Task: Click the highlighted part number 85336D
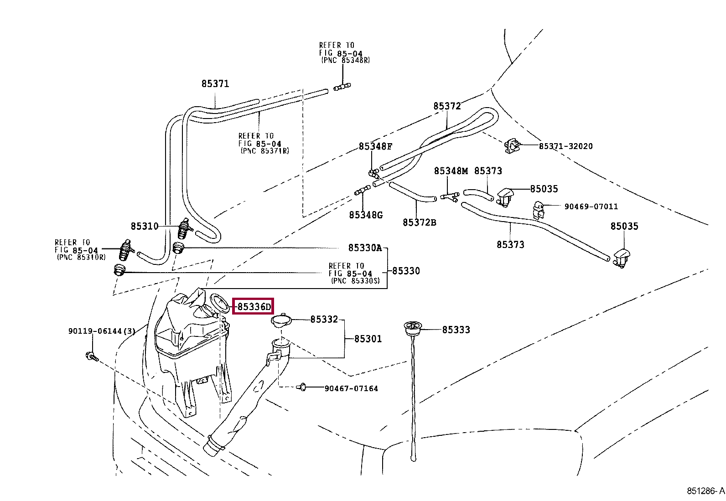coord(254,307)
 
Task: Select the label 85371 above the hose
coord(215,84)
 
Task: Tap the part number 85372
coord(447,106)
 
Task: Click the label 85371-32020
coord(565,146)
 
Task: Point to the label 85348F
coord(375,146)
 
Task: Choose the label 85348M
coord(451,171)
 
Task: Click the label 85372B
coord(419,222)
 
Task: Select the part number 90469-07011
coord(591,207)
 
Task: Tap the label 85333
coord(456,330)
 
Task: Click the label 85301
coord(368,339)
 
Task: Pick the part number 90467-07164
coord(351,388)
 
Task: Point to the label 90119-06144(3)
coord(102,331)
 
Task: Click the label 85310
coord(145,226)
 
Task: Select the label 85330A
coord(365,248)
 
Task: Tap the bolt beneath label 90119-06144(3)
coord(91,356)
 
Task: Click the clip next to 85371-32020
coord(512,146)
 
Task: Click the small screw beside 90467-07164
coord(301,387)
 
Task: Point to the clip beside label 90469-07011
coord(538,210)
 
